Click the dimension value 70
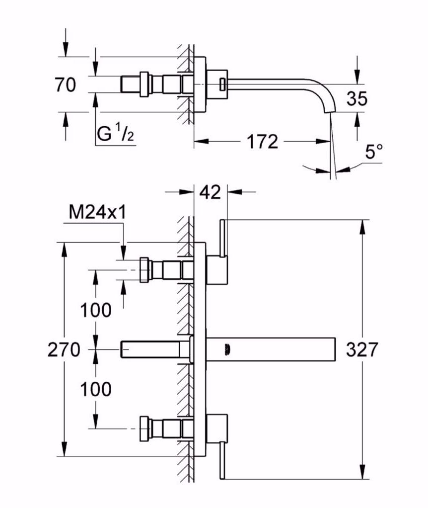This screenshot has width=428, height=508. [x=65, y=85]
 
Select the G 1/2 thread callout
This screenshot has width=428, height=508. [x=116, y=134]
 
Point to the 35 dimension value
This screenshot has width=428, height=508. [x=357, y=99]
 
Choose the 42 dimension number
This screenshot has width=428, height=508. [x=210, y=192]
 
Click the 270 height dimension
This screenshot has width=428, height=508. [x=64, y=350]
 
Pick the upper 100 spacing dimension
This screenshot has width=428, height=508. [x=96, y=311]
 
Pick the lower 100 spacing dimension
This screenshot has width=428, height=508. [x=96, y=389]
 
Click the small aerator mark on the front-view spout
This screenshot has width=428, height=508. [x=227, y=349]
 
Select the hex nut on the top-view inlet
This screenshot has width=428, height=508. [x=144, y=84]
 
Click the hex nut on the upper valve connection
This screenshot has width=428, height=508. [x=144, y=270]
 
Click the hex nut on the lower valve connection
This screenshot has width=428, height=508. [x=144, y=427]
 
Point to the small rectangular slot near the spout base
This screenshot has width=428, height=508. [x=222, y=84]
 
